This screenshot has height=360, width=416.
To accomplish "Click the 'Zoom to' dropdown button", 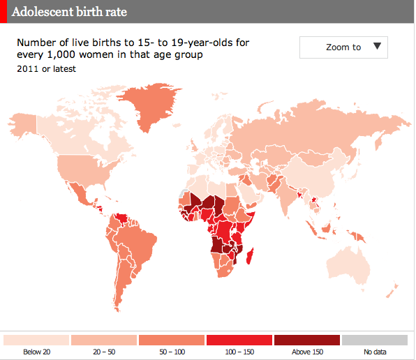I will pyautogui.click(x=343, y=47).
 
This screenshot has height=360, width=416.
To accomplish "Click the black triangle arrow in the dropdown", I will pyautogui.click(x=377, y=47).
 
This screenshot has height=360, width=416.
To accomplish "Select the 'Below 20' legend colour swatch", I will pyautogui.click(x=36, y=340).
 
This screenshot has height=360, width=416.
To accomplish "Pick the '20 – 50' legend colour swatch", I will pyautogui.click(x=104, y=340).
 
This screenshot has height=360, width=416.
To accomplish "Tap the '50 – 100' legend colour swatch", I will pyautogui.click(x=172, y=340).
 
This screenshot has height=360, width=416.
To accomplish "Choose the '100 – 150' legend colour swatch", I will pyautogui.click(x=239, y=340).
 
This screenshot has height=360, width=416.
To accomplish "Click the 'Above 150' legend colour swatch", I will pyautogui.click(x=307, y=340).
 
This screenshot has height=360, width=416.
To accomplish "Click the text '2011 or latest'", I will pyautogui.click(x=46, y=69).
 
